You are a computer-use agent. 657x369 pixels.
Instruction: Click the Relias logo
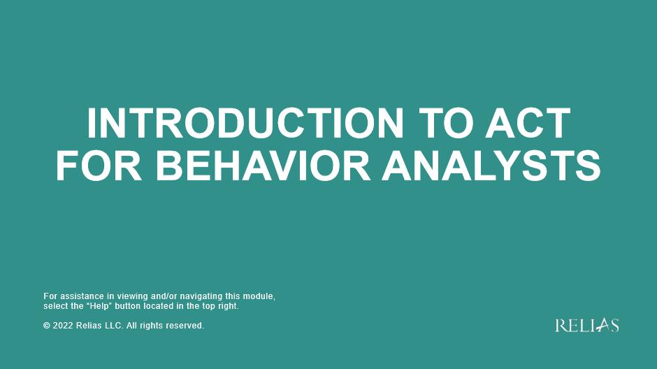(x=587, y=325)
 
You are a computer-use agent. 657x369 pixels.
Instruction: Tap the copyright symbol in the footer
(x=47, y=326)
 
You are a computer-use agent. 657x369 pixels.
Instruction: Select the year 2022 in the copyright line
(x=63, y=326)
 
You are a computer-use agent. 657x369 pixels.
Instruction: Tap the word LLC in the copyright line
(x=113, y=326)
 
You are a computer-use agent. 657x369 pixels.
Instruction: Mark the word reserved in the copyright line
(x=185, y=326)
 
